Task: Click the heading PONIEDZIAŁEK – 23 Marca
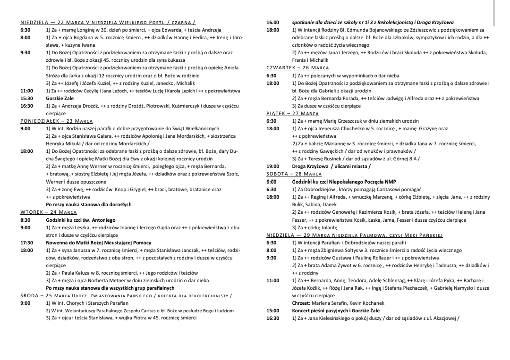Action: tap(57, 121)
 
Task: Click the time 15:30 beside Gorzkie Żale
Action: tap(26, 99)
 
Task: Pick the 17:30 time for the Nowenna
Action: tap(26, 243)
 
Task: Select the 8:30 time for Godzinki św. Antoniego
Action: tap(25, 220)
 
